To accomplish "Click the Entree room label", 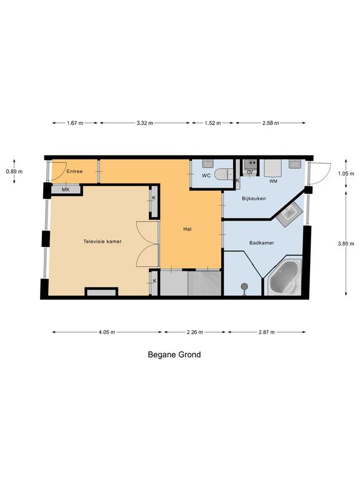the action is (x=74, y=171).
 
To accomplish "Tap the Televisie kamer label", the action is (x=102, y=241).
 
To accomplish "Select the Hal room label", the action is (x=187, y=229).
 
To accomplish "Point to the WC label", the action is (x=206, y=176).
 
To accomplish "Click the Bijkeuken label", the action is (x=254, y=198).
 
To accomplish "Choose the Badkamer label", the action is (x=262, y=242).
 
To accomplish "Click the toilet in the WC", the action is (x=224, y=174).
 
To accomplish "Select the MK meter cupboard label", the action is (x=66, y=190).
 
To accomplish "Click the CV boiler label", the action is (x=250, y=172).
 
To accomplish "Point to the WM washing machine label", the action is (x=273, y=181).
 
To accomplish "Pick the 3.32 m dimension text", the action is (x=145, y=123).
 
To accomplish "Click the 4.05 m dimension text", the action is (x=107, y=332).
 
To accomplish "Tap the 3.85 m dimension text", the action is (x=346, y=244).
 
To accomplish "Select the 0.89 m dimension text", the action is (x=14, y=171).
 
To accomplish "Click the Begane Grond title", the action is (x=174, y=354).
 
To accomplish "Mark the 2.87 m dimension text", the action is (x=267, y=332).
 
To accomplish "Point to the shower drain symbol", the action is (x=244, y=287).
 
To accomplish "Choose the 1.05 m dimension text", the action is (x=346, y=174).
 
